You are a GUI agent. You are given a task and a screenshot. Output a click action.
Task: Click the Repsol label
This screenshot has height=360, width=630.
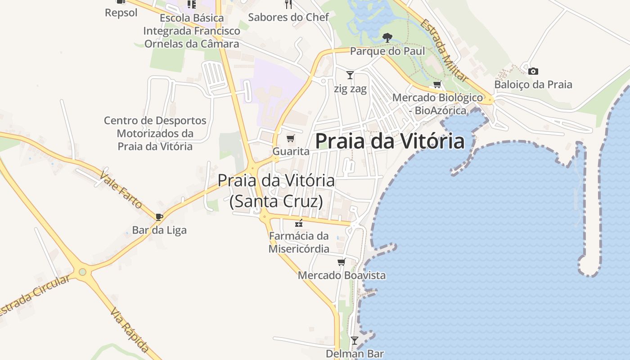tap(121, 13)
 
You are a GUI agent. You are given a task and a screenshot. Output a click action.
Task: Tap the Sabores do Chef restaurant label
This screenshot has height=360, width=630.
tap(288, 17)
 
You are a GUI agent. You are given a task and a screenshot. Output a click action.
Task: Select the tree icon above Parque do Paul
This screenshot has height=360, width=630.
tap(387, 38)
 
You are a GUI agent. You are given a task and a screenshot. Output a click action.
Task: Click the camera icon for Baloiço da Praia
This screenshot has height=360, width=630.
tap(533, 71)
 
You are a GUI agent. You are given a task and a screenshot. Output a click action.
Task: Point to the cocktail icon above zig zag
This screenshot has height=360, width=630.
tap(350, 75)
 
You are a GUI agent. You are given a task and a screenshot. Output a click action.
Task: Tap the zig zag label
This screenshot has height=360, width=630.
tap(350, 89)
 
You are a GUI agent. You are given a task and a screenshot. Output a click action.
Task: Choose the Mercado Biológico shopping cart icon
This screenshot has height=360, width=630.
tap(437, 84)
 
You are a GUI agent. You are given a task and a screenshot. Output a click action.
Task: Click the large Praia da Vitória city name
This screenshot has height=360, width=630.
tap(390, 141)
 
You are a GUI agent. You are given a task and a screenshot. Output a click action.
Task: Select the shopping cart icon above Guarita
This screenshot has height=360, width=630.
tap(291, 138)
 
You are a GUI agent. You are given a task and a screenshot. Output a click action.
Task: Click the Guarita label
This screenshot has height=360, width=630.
tap(291, 151)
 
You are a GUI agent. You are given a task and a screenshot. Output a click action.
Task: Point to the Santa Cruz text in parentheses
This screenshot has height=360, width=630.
tap(276, 201)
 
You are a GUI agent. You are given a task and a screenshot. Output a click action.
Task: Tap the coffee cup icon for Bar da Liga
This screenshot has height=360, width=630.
tap(159, 217)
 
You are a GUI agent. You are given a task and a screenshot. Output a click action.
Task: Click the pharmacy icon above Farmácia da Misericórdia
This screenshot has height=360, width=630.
tap(298, 223)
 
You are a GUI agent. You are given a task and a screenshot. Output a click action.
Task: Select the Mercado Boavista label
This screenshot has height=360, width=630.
tap(342, 275)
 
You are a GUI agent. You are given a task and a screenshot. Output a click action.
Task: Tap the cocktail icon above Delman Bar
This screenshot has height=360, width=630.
tap(355, 341)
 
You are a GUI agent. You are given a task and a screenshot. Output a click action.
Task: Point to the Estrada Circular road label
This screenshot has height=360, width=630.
tap(35, 295)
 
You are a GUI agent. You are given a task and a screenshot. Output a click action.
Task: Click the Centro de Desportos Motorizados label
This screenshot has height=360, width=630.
tap(155, 133)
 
